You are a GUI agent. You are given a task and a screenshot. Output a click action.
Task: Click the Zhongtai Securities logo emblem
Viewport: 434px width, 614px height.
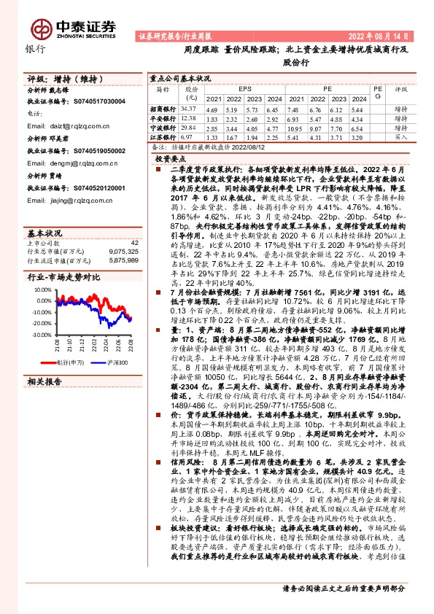coord(40,28)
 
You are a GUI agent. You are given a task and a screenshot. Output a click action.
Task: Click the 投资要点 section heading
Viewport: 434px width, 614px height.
coord(171,157)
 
